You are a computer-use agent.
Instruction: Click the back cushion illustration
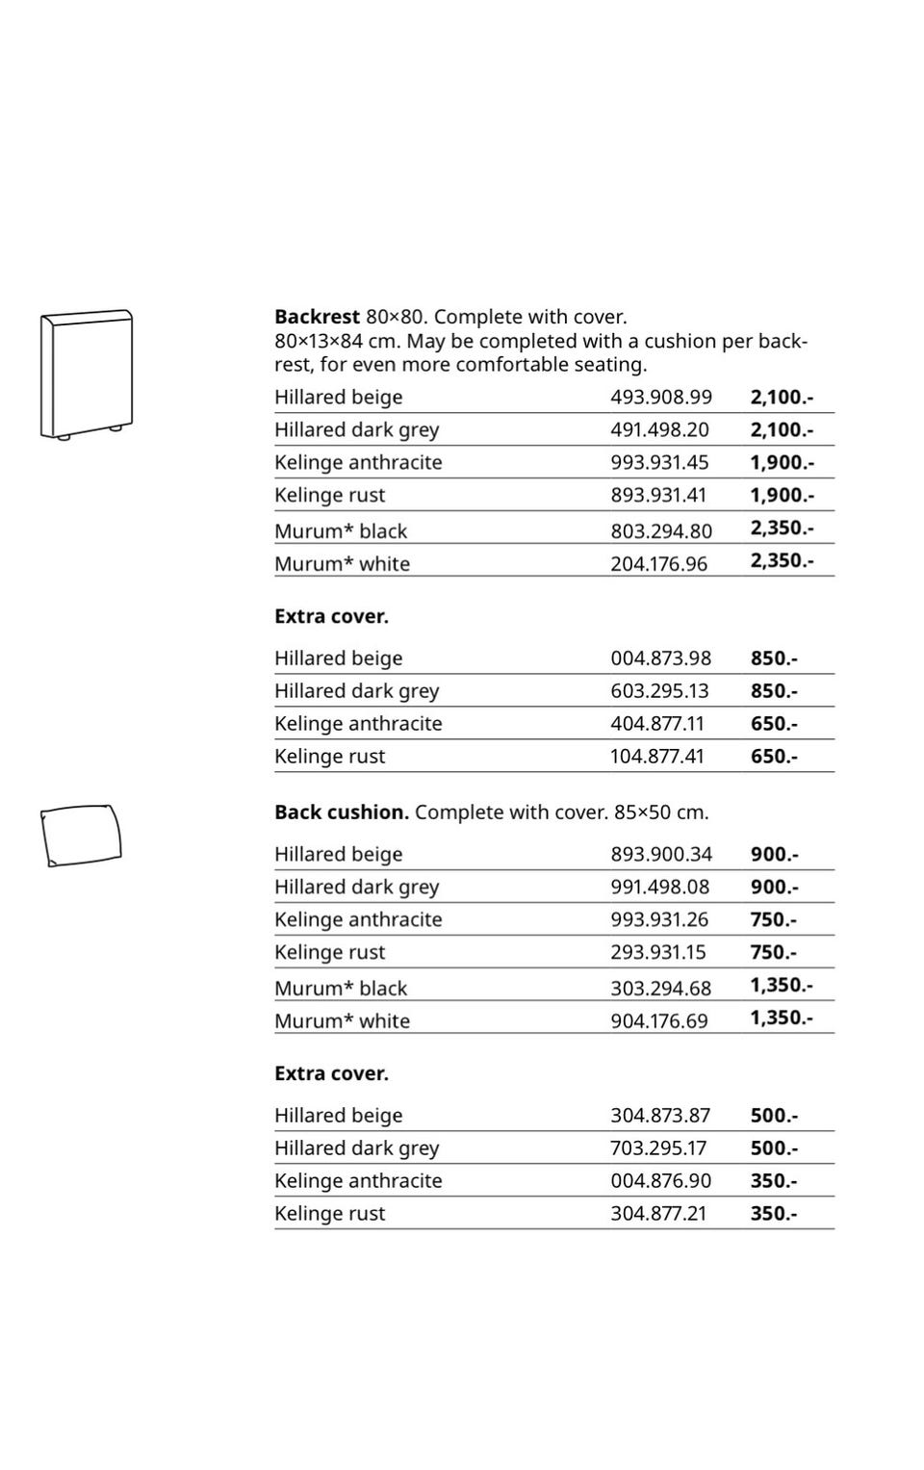point(81,834)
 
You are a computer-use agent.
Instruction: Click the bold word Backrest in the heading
point(317,317)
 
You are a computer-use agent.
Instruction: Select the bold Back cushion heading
point(342,812)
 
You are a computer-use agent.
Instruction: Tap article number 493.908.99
point(661,397)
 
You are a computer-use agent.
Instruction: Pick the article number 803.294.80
point(661,530)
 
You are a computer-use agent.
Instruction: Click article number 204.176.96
point(658,563)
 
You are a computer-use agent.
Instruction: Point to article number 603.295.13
point(659,690)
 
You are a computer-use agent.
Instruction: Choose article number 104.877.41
point(657,756)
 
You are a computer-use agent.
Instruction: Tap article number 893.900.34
point(661,854)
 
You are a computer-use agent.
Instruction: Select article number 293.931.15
point(658,952)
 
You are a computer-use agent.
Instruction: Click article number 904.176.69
point(659,1020)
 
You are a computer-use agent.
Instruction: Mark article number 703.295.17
point(658,1148)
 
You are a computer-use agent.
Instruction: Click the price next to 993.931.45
point(782,462)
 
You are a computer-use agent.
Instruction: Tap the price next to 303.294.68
point(782,985)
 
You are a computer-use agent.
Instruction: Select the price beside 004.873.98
point(774,658)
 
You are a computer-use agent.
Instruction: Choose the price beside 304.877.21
point(774,1213)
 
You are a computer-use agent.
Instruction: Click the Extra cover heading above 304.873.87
point(331,1073)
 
